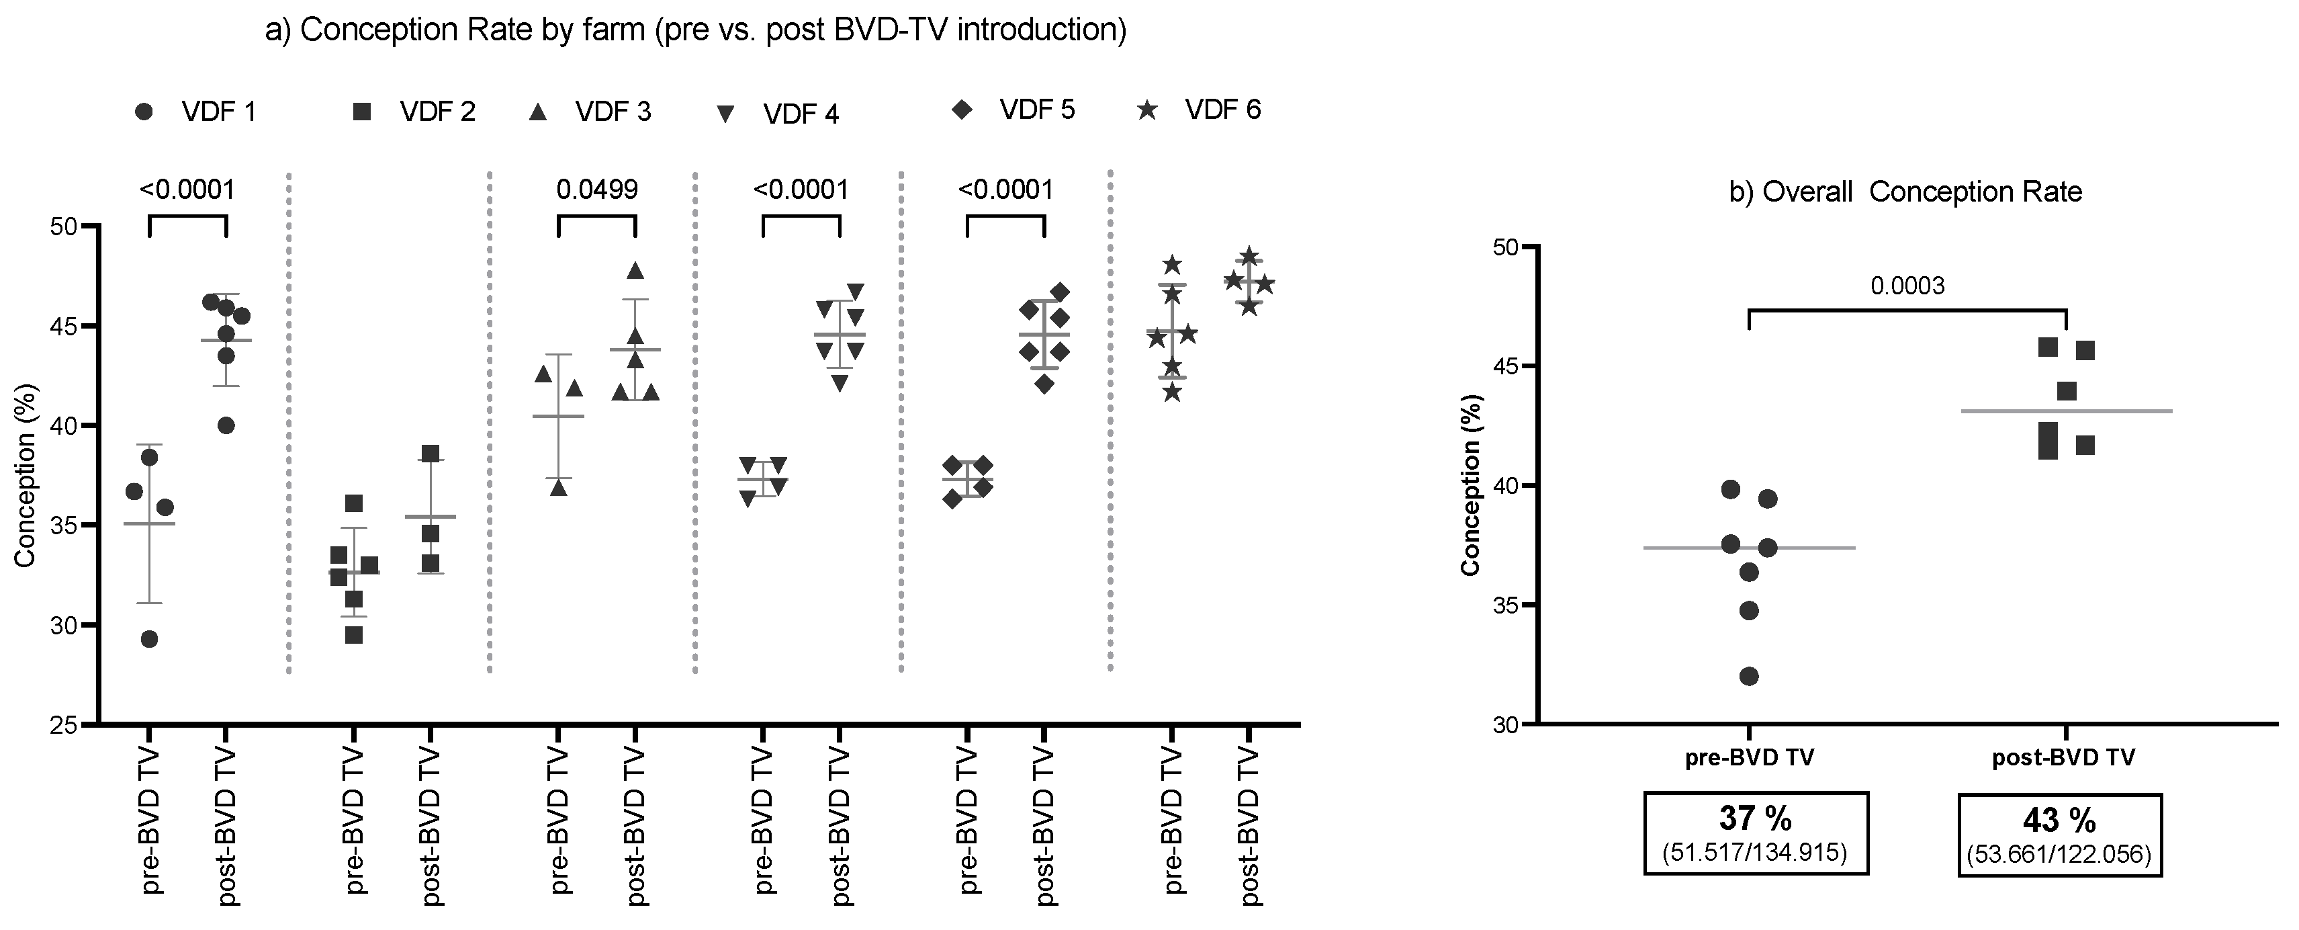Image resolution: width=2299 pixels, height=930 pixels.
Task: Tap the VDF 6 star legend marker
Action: click(1148, 111)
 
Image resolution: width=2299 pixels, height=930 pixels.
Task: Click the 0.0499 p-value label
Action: click(596, 190)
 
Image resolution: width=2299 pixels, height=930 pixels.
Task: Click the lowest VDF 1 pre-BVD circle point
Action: click(149, 639)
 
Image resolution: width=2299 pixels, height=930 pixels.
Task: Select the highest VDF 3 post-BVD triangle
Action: click(635, 270)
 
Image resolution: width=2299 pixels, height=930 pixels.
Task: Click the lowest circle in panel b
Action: click(1748, 677)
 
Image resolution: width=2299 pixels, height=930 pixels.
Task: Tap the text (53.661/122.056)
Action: click(2059, 855)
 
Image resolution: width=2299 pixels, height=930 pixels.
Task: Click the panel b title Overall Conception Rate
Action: click(1905, 192)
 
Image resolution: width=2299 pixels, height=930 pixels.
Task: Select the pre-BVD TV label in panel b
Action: click(1748, 759)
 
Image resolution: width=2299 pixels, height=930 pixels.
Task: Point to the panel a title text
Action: click(695, 30)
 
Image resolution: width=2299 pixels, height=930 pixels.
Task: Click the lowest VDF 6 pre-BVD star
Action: click(1172, 392)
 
